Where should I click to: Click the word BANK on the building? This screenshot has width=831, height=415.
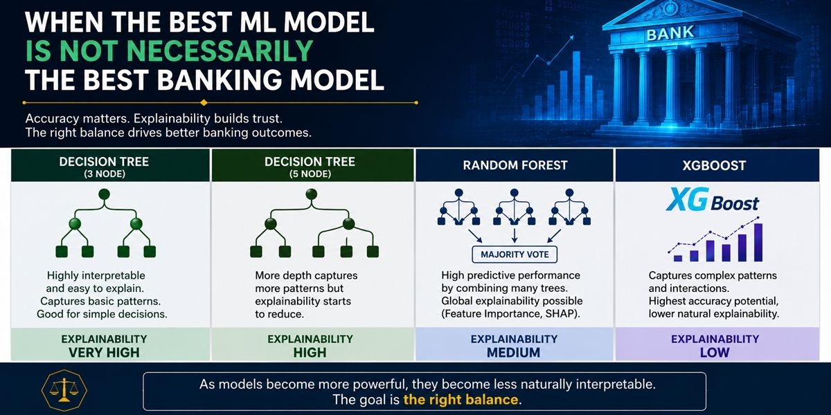[x=670, y=34]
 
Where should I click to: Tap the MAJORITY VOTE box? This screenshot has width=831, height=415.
[x=515, y=255]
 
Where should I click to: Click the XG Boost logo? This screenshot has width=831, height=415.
[x=713, y=201]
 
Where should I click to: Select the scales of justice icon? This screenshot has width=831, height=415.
[x=64, y=390]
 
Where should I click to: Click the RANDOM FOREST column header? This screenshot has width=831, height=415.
[x=515, y=165]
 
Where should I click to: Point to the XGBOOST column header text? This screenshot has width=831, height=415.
[x=714, y=165]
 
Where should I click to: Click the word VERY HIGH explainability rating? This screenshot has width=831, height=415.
[x=104, y=352]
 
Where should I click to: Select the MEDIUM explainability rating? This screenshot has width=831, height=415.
[x=513, y=352]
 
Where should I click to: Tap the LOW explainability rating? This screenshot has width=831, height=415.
[x=715, y=352]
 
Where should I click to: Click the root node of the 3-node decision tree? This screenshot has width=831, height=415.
[x=105, y=194]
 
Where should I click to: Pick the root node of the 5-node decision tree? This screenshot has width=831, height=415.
[x=311, y=194]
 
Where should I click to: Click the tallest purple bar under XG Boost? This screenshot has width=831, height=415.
[x=758, y=242]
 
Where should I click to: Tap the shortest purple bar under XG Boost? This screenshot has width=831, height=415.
[x=678, y=258]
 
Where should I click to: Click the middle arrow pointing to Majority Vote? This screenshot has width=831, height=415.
[x=514, y=236]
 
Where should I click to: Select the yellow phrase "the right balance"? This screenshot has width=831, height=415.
[x=461, y=400]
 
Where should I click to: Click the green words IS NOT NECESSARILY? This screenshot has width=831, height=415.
[x=170, y=50]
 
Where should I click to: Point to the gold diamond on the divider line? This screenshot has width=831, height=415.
[x=204, y=102]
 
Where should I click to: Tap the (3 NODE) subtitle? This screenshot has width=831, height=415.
[x=105, y=174]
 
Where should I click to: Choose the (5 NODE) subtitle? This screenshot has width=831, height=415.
[x=310, y=174]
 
